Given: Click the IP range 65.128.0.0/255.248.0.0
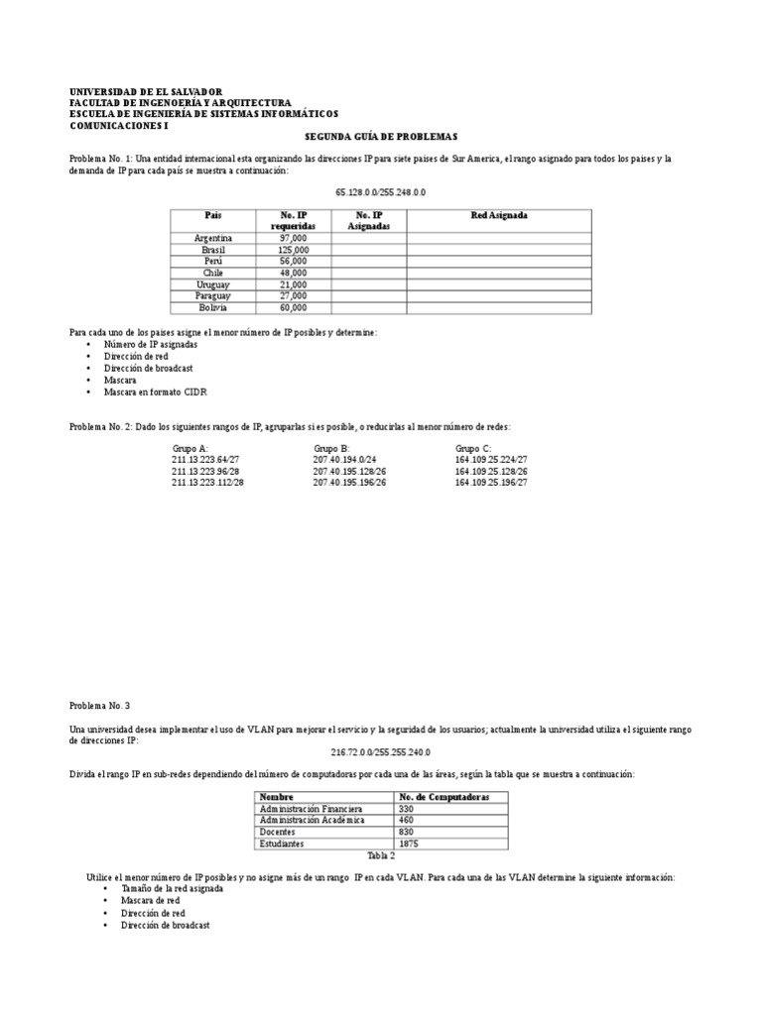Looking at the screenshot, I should (381, 191).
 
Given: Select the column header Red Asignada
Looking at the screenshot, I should (499, 215).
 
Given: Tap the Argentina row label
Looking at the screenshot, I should (213, 238).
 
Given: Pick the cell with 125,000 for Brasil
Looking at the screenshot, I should (293, 250).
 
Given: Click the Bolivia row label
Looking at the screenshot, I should (213, 307).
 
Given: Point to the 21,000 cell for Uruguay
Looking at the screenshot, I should (293, 284).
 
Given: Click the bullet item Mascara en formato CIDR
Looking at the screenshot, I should (147, 393).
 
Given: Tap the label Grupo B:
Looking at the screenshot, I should (331, 447).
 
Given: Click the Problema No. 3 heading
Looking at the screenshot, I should (99, 705).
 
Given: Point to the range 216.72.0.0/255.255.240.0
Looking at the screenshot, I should (381, 752).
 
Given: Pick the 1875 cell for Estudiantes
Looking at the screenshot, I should (409, 844).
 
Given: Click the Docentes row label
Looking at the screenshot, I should (279, 833).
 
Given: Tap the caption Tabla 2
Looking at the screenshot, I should (381, 854).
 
